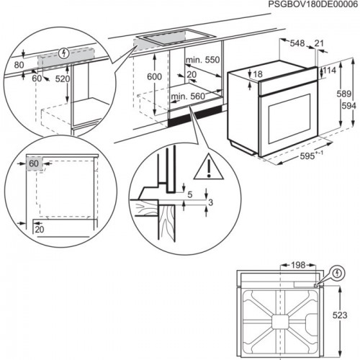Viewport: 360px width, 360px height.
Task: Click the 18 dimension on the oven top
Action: coord(258,74)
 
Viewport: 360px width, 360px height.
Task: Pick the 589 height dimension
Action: coord(343,94)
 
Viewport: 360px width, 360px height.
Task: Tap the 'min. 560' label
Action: coord(189,95)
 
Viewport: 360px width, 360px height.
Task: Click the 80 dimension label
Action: coord(19,63)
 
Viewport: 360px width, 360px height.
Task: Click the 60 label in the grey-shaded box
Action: coord(33,164)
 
